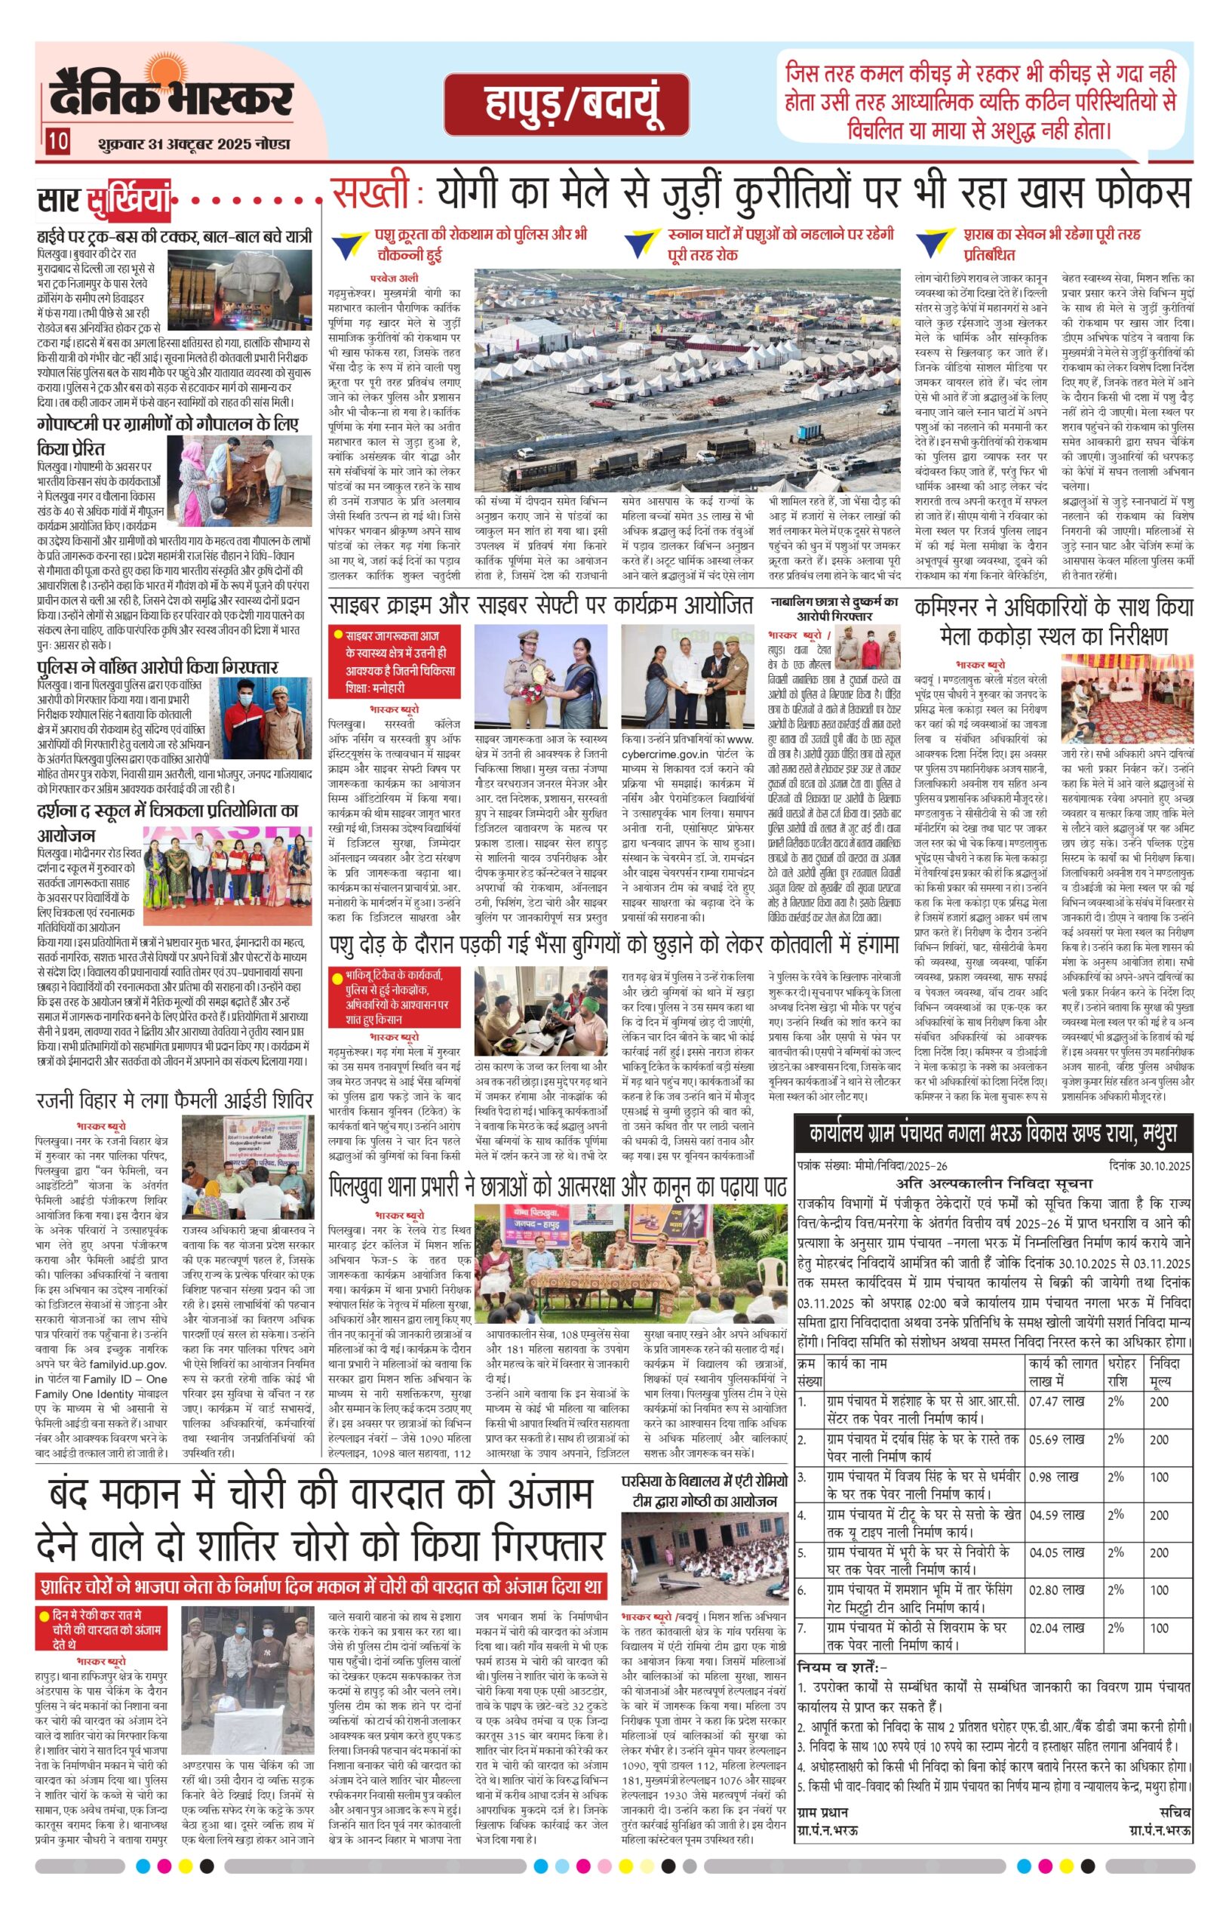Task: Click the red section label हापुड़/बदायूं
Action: coord(566,105)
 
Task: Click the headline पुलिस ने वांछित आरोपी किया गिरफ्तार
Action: coord(157,666)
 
